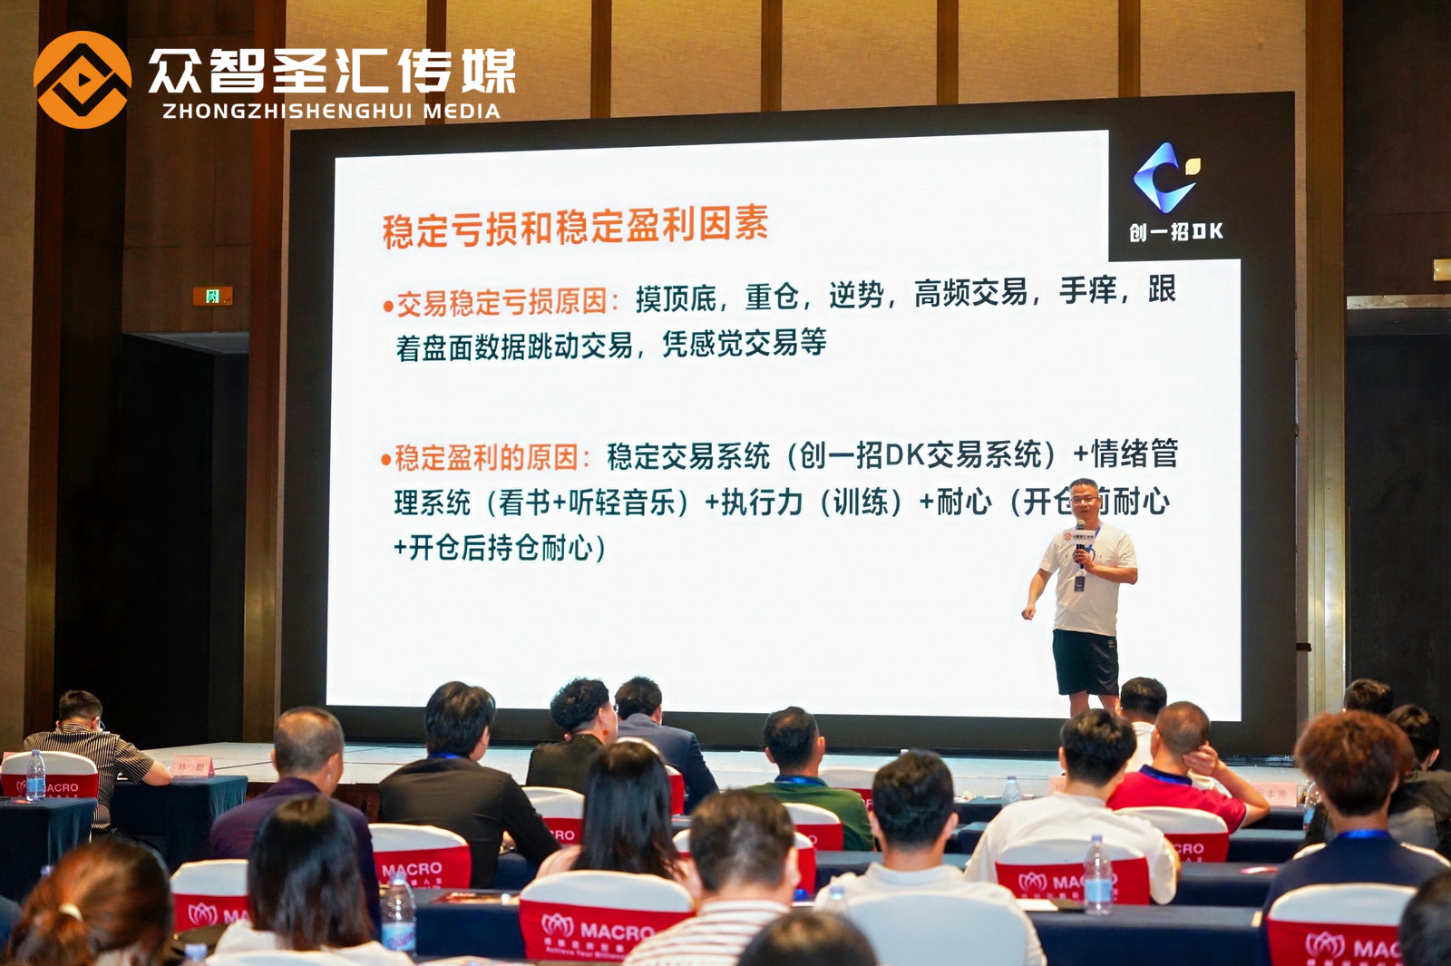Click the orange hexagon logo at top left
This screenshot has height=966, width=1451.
[82, 80]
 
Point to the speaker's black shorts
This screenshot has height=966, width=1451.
[1085, 662]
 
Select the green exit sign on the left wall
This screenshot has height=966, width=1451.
[212, 296]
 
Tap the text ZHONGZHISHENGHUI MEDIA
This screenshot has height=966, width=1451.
[331, 112]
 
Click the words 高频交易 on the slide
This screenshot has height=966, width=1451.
[970, 293]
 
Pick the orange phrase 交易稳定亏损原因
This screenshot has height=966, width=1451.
[501, 302]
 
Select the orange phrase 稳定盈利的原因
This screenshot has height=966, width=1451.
[486, 457]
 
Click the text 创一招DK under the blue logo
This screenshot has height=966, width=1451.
[1175, 232]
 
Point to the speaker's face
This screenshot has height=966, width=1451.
[1084, 498]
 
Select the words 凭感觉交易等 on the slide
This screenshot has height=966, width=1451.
[744, 343]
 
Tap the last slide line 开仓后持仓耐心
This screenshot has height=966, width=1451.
[501, 548]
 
